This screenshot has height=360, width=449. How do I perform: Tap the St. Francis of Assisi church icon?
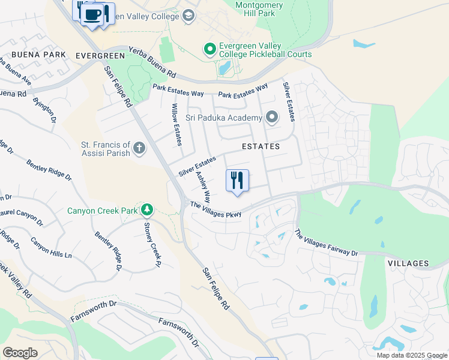139,148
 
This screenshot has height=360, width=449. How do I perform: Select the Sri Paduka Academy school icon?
272,117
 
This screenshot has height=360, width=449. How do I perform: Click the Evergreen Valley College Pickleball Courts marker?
209,49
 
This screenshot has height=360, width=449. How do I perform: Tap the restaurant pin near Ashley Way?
237,180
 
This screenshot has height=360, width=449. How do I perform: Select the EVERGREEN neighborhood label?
100,56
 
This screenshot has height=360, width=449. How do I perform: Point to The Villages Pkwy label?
216,210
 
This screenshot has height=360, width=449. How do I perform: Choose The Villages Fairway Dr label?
326,243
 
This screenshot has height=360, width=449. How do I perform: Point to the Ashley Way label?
203,187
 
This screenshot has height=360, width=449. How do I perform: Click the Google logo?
20,353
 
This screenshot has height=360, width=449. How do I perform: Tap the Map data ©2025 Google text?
411,355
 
